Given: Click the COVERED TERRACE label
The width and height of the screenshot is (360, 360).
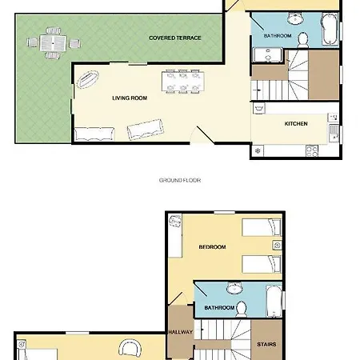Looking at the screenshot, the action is (x=175, y=38).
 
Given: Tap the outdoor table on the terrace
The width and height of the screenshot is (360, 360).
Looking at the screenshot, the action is (x=53, y=43).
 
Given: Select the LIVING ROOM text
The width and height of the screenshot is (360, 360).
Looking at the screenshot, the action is (x=130, y=98).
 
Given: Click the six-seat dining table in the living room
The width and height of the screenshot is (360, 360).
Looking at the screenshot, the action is (x=183, y=82).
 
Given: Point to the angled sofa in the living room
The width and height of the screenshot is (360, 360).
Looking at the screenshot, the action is (x=145, y=129).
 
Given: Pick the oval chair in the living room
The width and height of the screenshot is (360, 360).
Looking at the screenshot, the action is (x=88, y=79).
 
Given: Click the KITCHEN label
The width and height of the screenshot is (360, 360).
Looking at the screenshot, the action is (x=296, y=124).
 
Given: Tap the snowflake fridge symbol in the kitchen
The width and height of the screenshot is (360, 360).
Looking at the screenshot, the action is (x=258, y=151).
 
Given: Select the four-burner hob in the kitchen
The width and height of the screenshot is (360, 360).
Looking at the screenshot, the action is (x=312, y=151).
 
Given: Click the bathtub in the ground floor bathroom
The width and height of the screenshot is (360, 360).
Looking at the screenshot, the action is (x=330, y=29).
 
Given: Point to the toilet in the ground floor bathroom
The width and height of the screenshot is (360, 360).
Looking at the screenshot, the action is (x=302, y=40).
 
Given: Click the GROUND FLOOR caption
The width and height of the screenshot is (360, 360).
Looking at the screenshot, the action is (x=180, y=180).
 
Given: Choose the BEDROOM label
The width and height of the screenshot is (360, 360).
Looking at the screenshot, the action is (x=212, y=247).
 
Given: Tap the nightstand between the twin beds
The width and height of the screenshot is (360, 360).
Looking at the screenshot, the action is (x=277, y=246).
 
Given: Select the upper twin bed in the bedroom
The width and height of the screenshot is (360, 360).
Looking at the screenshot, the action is (x=262, y=227).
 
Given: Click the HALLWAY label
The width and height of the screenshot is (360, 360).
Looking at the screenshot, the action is (x=181, y=332).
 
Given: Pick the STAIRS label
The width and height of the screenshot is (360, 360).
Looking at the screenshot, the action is (x=266, y=344).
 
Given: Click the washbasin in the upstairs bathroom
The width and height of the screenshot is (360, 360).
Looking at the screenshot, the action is (x=234, y=288).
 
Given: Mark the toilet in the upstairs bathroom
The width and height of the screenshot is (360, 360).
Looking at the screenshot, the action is (x=241, y=309).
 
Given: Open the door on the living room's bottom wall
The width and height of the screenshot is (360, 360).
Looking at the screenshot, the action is (x=202, y=135).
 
